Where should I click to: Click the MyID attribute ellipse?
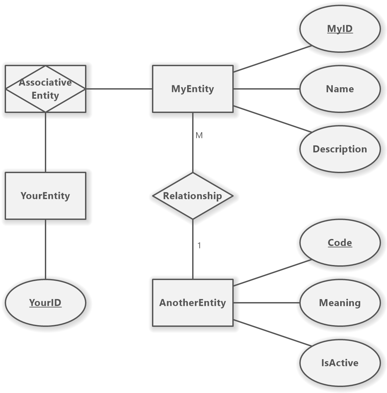340,29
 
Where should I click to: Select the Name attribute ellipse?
340,89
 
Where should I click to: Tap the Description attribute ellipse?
340,149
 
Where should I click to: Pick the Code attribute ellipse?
340,243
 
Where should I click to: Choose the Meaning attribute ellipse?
340,303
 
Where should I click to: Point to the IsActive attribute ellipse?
340,363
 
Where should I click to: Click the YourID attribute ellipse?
45,303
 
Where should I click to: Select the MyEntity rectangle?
192,89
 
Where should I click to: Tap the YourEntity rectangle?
45,196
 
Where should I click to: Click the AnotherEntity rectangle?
192,303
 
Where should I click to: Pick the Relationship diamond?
192,196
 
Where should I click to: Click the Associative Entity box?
45,89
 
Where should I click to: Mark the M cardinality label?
199,135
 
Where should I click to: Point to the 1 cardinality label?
199,246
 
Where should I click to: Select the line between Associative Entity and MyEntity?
119,89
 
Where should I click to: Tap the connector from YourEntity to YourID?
45,249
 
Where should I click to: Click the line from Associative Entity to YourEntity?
45,142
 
